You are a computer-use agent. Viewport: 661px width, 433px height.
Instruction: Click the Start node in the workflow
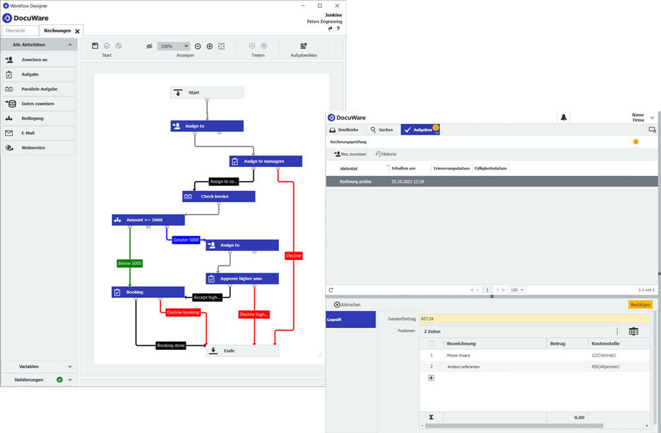[x=207, y=92]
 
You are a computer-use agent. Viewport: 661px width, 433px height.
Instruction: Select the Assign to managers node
[x=266, y=161]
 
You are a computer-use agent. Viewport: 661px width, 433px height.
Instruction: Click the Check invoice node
[x=219, y=196]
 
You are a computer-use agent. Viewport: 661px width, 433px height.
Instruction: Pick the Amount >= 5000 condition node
[x=148, y=220]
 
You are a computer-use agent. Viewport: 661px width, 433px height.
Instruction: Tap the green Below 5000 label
[x=130, y=263]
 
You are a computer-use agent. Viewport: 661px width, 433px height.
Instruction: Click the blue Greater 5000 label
[x=186, y=240]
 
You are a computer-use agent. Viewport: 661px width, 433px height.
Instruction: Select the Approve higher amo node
[x=242, y=279]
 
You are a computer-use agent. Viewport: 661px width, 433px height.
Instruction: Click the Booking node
[x=148, y=292]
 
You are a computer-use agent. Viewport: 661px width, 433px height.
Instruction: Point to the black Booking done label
[x=171, y=345]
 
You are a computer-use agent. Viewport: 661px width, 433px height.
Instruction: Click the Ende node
[x=242, y=351]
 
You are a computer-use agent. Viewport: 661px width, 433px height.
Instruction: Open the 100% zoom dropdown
[x=173, y=46]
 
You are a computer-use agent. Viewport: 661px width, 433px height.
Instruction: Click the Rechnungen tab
[x=58, y=31]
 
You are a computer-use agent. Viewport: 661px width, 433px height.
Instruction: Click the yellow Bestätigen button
[x=640, y=305]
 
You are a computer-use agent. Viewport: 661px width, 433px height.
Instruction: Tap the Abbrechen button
[x=348, y=305]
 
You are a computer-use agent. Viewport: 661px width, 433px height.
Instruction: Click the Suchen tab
[x=382, y=130]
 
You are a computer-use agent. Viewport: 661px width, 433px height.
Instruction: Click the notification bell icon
[x=564, y=117]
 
